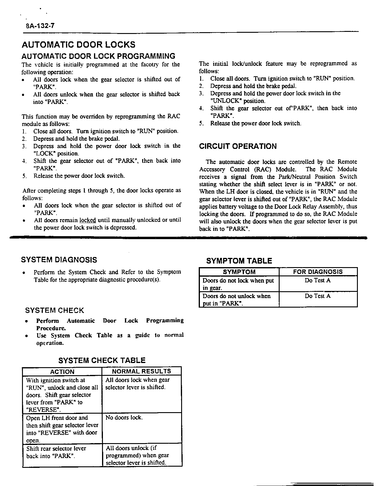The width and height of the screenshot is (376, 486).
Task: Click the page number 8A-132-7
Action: coord(40,26)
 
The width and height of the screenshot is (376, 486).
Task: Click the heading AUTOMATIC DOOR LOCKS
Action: coord(79,45)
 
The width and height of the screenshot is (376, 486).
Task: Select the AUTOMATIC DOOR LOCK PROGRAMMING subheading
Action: coord(98,56)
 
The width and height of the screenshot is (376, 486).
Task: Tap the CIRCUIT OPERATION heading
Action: coord(238,146)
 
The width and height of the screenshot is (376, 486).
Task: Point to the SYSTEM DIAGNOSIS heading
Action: coord(59,260)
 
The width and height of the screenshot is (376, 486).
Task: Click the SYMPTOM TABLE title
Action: coord(239,261)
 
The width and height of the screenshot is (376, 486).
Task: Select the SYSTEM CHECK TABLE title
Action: coord(102,360)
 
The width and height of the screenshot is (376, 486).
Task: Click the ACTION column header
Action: coord(62,371)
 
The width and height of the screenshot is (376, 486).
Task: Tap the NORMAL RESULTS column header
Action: coord(142,371)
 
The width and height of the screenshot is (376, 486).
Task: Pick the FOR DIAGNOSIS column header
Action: coord(318,272)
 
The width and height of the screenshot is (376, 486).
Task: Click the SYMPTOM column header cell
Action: coord(239,272)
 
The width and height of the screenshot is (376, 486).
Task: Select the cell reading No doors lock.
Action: coord(124,418)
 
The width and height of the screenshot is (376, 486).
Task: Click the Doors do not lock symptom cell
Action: coord(238,284)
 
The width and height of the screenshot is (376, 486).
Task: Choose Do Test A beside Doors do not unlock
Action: coord(318,296)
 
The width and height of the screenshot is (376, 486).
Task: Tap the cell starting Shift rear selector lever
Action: coord(56,452)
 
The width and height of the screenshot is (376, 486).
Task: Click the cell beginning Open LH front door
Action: coord(62,429)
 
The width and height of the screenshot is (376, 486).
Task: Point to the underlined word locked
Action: coord(88,220)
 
